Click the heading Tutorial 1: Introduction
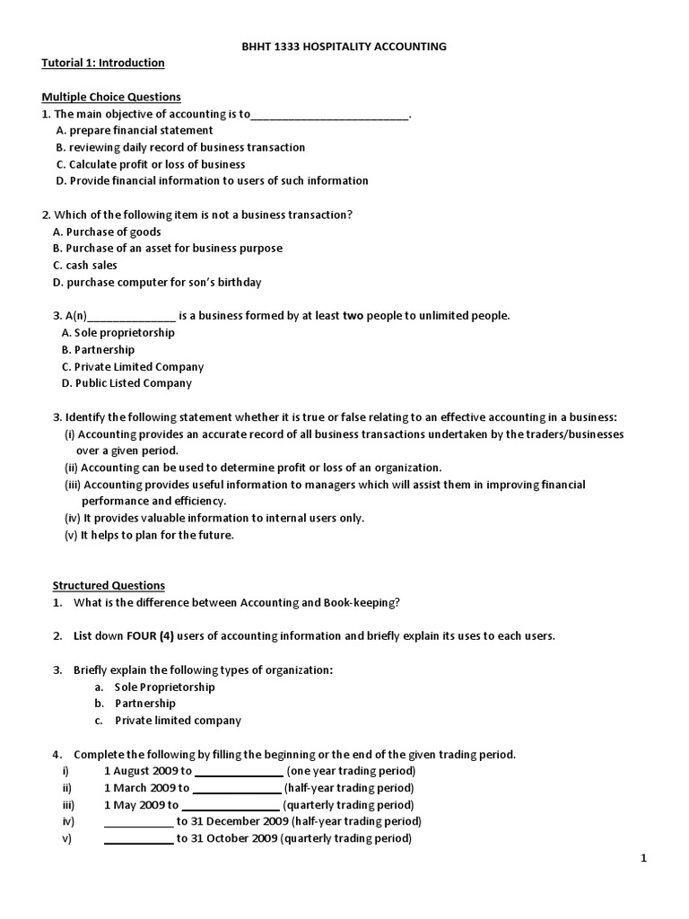click(103, 63)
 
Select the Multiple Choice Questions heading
click(111, 97)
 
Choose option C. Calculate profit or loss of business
click(150, 164)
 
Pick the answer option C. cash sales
click(85, 266)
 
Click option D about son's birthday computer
click(157, 283)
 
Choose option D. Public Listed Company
click(126, 383)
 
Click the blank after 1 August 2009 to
click(238, 772)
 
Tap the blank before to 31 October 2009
click(139, 839)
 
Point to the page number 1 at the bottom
click(643, 859)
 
